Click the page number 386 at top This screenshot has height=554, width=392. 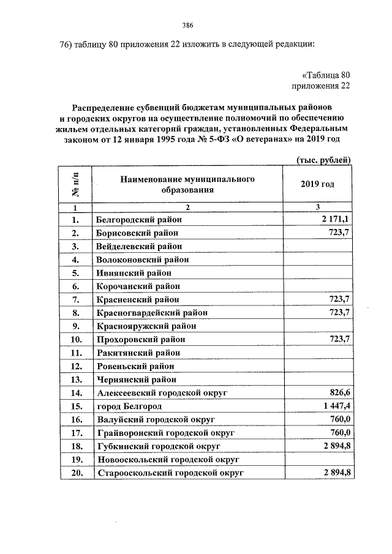(x=188, y=25)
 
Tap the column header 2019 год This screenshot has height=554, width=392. (x=318, y=184)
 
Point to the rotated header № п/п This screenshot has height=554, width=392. (x=76, y=184)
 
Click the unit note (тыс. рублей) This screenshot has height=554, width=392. (x=323, y=160)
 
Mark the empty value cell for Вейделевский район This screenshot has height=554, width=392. (x=318, y=246)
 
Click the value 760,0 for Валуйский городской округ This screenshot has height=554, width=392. (x=338, y=419)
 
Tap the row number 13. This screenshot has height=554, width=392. (x=77, y=380)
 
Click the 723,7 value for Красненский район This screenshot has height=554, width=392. (x=338, y=299)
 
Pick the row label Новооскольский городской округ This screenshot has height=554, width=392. (x=167, y=459)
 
